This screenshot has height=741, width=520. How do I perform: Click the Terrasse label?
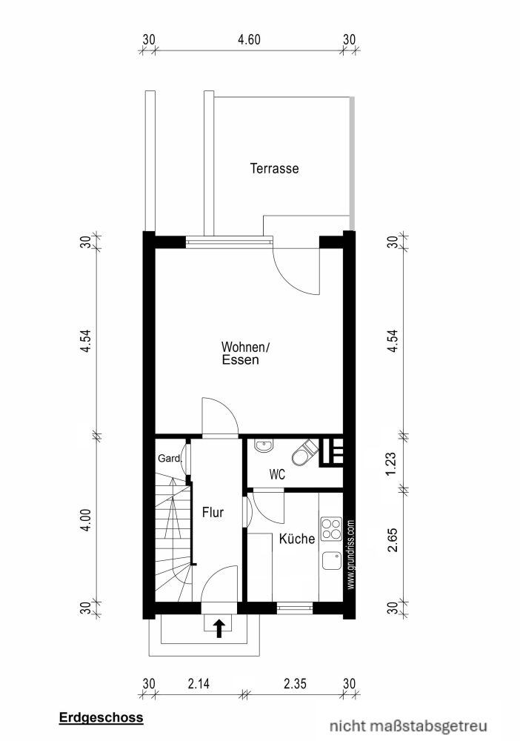(274, 169)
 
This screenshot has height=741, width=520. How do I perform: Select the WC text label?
(277, 473)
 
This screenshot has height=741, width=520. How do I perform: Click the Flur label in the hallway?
(213, 511)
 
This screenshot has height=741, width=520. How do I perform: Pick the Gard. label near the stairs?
(170, 459)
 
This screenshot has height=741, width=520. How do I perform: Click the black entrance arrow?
(219, 628)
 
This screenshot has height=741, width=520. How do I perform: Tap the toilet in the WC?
(303, 453)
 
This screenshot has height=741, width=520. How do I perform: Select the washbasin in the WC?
(262, 446)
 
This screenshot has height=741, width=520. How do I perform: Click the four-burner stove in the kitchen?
(333, 530)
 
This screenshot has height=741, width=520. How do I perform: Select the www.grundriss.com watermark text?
(350, 553)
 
